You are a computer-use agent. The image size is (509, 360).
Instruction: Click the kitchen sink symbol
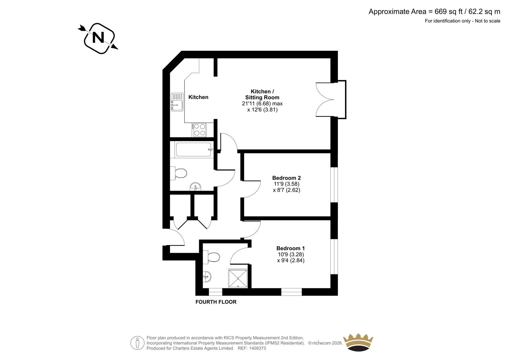click(177, 102)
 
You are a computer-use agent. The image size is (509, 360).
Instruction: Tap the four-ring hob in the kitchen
click(199, 130)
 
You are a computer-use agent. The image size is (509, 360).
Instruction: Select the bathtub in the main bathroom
click(194, 149)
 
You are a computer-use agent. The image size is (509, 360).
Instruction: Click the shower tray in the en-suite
click(238, 279)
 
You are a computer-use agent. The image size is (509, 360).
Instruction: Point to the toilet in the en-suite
click(211, 257)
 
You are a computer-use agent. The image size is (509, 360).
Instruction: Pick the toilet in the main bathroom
click(178, 173)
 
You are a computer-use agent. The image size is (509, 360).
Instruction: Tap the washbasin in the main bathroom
click(195, 187)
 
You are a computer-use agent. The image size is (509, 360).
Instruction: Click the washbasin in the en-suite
click(207, 277)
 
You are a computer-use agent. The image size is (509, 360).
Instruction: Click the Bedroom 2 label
click(287, 178)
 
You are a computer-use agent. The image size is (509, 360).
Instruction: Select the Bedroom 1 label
click(290, 248)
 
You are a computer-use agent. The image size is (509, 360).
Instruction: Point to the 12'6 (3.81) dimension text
click(262, 110)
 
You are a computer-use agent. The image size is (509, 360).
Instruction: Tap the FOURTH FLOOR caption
click(216, 302)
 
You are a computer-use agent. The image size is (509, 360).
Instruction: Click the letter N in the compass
click(98, 38)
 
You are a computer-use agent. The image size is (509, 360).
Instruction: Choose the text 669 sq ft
click(449, 11)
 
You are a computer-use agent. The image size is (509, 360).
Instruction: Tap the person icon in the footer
click(137, 343)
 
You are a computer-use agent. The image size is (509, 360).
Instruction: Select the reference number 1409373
click(257, 349)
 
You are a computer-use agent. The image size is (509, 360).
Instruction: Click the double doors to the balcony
click(325, 100)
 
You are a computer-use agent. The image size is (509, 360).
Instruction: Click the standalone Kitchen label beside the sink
click(199, 97)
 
